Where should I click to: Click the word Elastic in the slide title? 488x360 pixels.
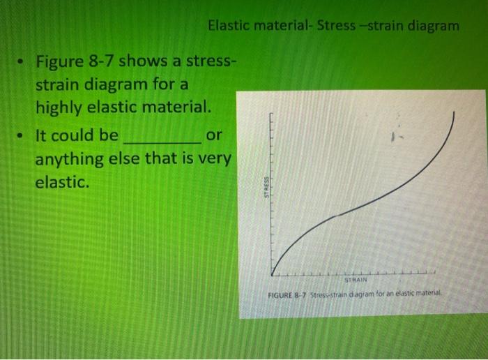pos(230,26)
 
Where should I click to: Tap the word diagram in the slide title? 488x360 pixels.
pos(433,26)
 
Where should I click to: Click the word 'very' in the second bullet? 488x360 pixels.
pos(213,159)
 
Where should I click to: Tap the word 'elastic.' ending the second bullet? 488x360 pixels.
pos(63,183)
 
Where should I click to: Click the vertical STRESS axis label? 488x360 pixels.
pos(266,188)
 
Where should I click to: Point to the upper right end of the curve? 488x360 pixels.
pos(455,115)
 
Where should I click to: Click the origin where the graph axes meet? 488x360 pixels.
pos(273,274)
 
